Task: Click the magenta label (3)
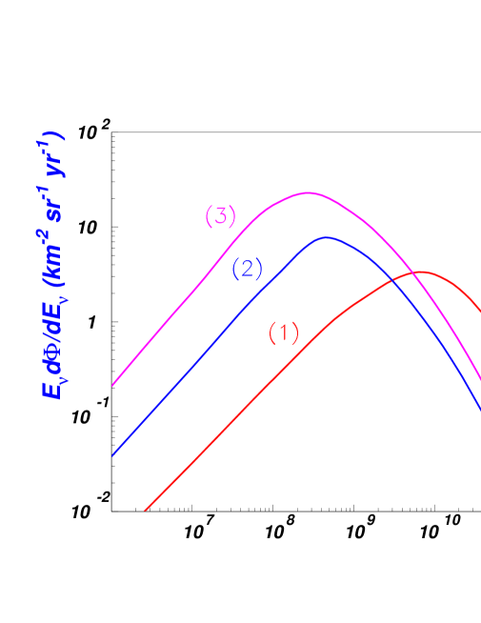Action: (x=220, y=216)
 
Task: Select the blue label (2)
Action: (x=248, y=269)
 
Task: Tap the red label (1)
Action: (x=284, y=332)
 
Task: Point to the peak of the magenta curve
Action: (x=308, y=192)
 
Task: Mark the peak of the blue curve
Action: (x=327, y=237)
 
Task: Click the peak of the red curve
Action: (x=419, y=272)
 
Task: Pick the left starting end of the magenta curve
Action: (x=113, y=386)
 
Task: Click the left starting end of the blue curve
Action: (x=113, y=455)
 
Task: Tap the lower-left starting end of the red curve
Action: (x=145, y=511)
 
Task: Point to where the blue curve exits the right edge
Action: (x=479, y=410)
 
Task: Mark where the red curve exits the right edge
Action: (x=479, y=311)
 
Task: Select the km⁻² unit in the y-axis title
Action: (x=50, y=252)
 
